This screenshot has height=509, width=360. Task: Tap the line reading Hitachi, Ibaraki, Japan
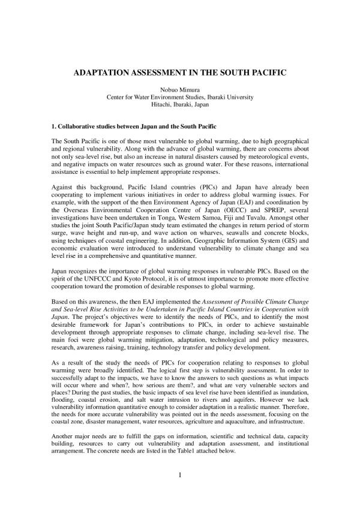pyautogui.click(x=179, y=104)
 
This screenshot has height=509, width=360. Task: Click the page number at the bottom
pyautogui.click(x=179, y=475)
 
